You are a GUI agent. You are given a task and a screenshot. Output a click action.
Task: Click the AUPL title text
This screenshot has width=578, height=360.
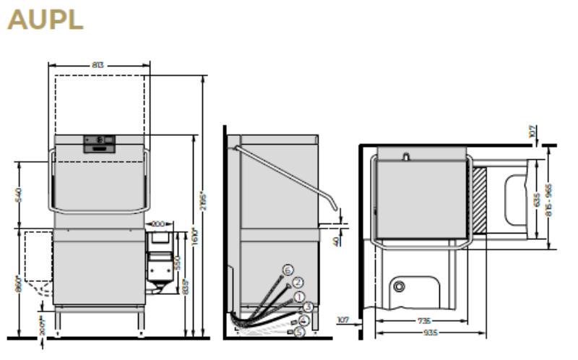coord(46,20)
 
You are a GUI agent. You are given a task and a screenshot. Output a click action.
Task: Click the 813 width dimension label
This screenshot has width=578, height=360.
coord(98,65)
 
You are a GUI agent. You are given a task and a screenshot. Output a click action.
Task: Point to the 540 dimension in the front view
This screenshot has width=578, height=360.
coord(20,194)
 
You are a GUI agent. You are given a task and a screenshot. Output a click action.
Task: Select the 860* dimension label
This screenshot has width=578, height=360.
coord(20,283)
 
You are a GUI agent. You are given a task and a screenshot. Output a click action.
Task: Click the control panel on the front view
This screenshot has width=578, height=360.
coord(100,143)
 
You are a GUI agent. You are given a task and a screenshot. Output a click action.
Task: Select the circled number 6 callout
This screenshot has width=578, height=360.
coord(288,270)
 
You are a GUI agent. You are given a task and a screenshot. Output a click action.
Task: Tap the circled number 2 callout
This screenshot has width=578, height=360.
coord(298,282)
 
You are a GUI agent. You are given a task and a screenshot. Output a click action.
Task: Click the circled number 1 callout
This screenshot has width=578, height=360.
coord(298,295)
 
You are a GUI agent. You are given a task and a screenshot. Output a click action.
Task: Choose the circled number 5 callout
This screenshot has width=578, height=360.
coord(298,332)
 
